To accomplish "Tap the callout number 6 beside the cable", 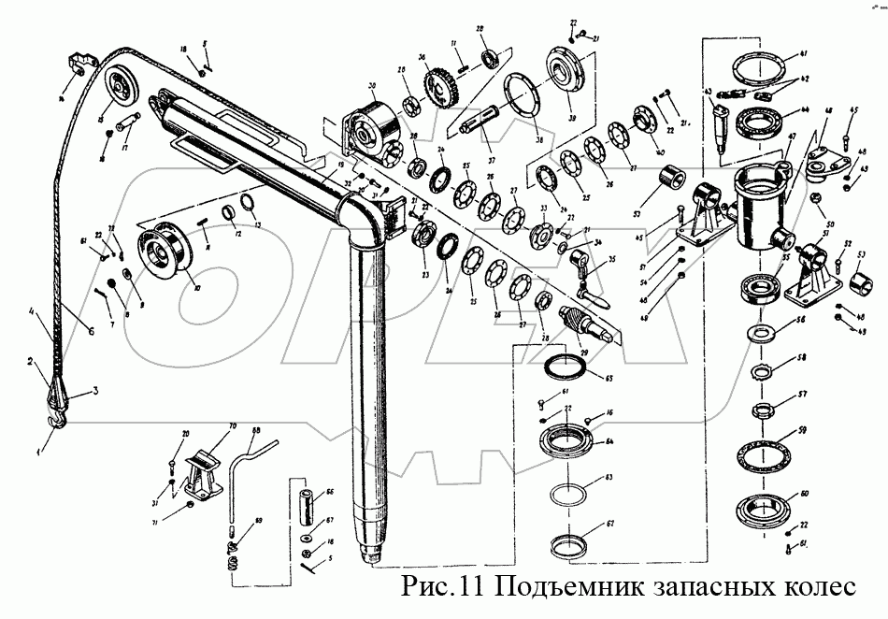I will click(x=91, y=330).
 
